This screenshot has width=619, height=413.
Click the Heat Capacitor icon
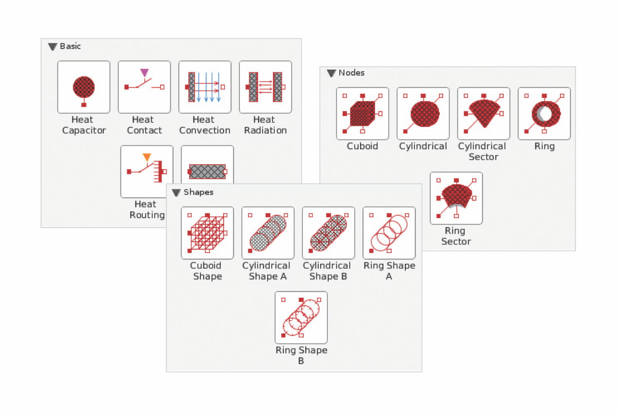[x=84, y=87]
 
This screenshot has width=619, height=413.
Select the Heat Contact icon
[x=144, y=87]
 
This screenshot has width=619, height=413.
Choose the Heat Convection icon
[x=205, y=87]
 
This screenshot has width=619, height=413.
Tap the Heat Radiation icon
[x=265, y=87]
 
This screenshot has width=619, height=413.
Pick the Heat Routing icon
[x=147, y=171]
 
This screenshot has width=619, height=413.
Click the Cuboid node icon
[x=362, y=113]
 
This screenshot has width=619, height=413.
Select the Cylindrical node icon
[x=423, y=113]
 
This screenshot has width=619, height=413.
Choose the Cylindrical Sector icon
[x=484, y=113]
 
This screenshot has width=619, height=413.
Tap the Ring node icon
[x=544, y=113]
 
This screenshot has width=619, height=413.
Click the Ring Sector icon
[x=456, y=198]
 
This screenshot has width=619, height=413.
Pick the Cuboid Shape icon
[x=207, y=233]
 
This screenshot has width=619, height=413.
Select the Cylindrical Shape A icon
[x=268, y=233]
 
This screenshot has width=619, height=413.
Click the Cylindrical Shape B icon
[x=328, y=233]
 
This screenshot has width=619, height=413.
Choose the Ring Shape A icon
[x=389, y=233]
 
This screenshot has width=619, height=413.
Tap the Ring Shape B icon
[x=301, y=317]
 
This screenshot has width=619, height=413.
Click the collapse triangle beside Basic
[x=53, y=47]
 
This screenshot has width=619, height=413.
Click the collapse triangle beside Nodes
[x=331, y=73]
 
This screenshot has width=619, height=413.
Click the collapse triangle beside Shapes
[x=176, y=193]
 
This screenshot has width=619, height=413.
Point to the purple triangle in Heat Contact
[x=144, y=72]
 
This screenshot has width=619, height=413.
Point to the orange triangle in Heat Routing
[x=147, y=157]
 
